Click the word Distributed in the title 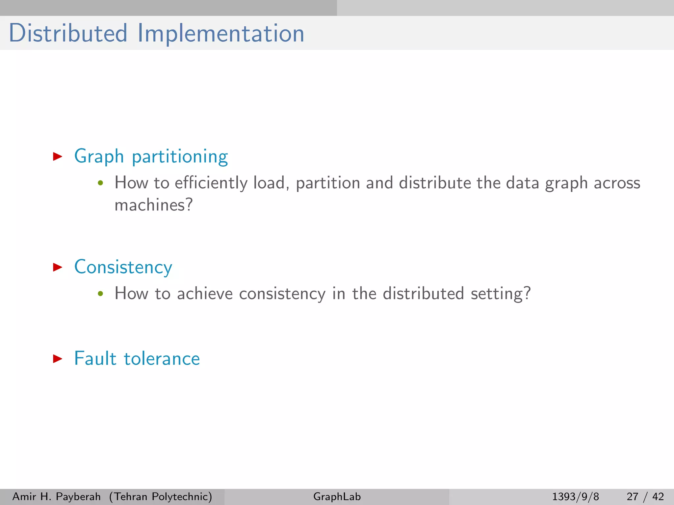68,33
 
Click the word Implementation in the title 220,33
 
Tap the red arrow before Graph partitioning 58,156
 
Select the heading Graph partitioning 151,156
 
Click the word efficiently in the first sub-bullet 211,183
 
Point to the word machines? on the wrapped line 153,205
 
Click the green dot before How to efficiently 101,183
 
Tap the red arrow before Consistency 58,267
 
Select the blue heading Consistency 123,267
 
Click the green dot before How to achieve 101,294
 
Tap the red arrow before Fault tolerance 58,359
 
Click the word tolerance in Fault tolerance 162,359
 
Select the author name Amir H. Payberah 56,496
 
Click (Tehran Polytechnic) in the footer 161,496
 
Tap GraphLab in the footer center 337,496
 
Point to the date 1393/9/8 575,496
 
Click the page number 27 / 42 645,496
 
